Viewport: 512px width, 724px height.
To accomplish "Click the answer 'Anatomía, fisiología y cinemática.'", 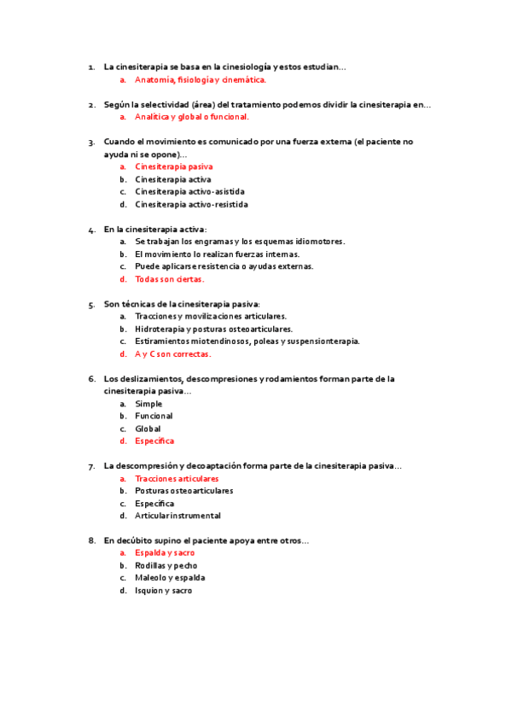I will (201, 79).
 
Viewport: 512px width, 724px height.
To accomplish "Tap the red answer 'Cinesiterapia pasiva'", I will (174, 167).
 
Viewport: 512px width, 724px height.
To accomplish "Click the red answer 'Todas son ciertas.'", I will (170, 279).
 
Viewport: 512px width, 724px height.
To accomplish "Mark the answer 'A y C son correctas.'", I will (173, 354).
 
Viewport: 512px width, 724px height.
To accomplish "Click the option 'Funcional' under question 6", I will (154, 417).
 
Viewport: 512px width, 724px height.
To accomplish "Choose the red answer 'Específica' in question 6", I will (154, 441).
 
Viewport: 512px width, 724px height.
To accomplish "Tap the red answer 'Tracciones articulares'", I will (177, 479).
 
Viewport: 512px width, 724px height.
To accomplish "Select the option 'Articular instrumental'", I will (177, 516).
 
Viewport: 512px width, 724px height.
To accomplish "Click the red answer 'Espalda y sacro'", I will (165, 553).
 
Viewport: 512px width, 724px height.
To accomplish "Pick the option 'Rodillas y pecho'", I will (166, 565).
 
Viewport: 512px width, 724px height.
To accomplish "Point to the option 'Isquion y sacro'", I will (164, 591).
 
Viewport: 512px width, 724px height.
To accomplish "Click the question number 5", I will (91, 304).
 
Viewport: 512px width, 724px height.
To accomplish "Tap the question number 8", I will (91, 540).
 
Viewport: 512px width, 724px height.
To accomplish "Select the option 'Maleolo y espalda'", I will (170, 578).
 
